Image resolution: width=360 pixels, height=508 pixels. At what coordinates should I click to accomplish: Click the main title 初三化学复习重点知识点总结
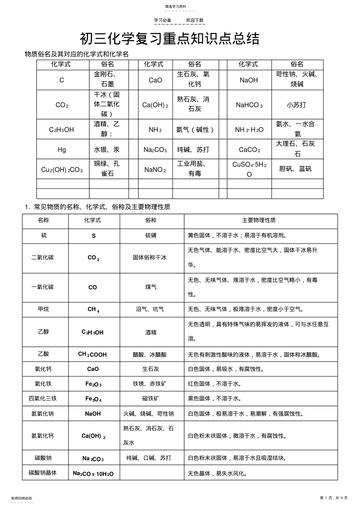(x=169, y=39)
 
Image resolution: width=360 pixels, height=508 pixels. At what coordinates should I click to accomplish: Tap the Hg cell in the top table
(x=62, y=150)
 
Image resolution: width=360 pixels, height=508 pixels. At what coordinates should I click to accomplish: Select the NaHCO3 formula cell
(x=249, y=105)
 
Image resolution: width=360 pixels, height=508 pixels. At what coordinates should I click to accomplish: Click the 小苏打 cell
(x=297, y=105)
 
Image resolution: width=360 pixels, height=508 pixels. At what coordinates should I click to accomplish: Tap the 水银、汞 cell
(x=107, y=150)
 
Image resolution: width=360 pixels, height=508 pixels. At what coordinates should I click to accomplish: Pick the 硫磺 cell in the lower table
(x=151, y=236)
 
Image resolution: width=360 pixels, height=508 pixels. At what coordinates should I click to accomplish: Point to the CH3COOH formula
(x=92, y=355)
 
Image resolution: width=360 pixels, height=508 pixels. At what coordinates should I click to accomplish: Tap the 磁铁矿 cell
(x=151, y=399)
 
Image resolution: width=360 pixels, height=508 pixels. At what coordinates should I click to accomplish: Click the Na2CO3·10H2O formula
(x=93, y=474)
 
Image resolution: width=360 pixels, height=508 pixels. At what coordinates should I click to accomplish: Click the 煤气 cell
(x=151, y=287)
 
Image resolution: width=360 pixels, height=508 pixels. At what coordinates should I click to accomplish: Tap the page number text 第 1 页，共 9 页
(x=333, y=498)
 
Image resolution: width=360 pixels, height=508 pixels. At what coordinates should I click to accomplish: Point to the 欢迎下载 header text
(x=194, y=20)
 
